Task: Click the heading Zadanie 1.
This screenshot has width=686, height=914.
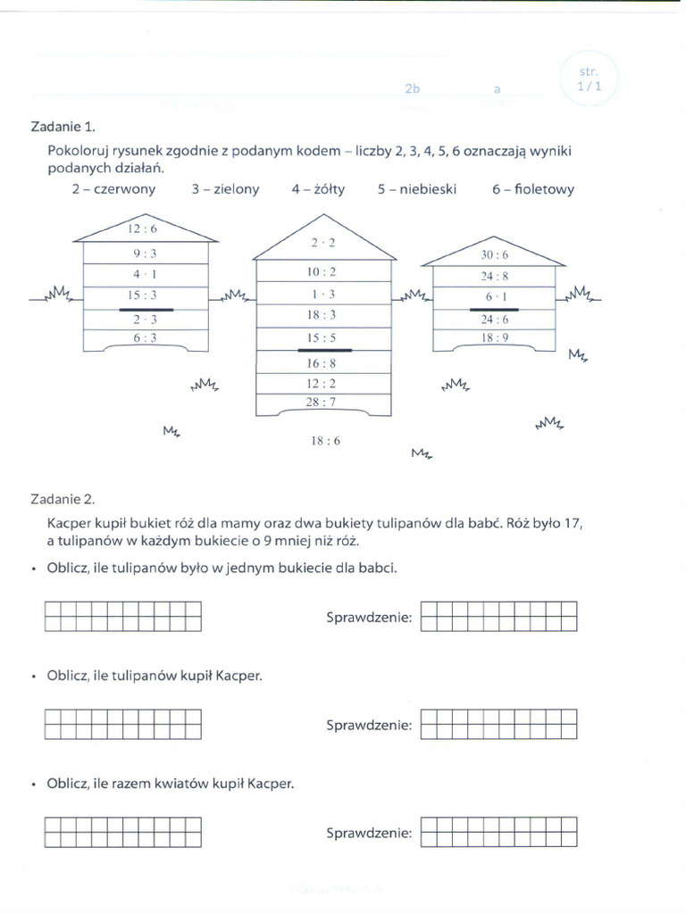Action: pos(63,127)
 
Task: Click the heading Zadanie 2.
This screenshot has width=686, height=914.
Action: pos(63,500)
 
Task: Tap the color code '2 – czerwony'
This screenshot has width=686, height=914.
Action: pos(113,189)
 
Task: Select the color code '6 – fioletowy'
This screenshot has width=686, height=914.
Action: pos(532,189)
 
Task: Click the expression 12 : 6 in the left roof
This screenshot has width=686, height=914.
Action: pos(145,229)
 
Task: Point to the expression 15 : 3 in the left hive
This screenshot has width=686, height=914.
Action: pos(145,295)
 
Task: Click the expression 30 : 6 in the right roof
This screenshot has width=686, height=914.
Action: pos(494,254)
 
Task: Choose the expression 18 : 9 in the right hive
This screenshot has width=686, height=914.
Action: pos(494,338)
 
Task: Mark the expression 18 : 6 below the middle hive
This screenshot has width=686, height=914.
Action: pos(326,441)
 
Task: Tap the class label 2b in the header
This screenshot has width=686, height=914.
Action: pos(412,89)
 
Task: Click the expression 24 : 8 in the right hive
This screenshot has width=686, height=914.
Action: pos(494,276)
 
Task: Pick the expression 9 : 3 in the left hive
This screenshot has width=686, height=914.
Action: pos(145,253)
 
